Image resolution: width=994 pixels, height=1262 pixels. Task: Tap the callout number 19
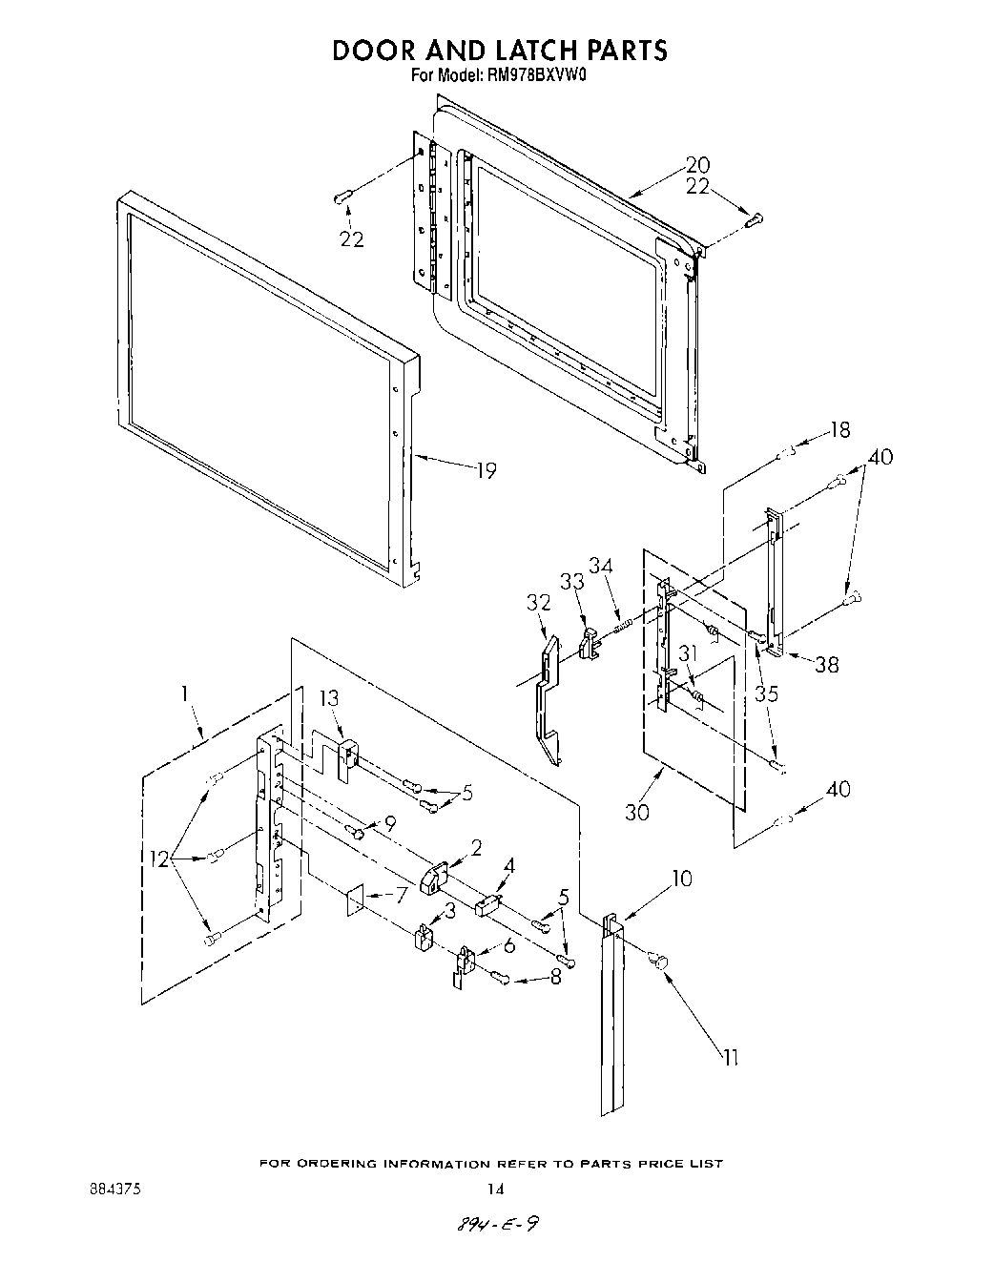coord(487,470)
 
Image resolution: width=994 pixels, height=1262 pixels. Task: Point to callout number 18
coord(839,430)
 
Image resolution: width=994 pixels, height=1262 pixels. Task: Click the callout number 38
coord(826,664)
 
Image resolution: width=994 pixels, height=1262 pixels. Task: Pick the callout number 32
coord(539,602)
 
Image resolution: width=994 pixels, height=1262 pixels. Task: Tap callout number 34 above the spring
coord(600,566)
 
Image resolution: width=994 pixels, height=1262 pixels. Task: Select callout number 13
coord(328,698)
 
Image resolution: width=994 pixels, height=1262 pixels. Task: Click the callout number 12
coord(158,859)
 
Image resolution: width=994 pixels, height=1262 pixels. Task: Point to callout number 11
coord(732,1057)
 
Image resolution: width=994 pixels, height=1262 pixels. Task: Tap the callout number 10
coord(681,878)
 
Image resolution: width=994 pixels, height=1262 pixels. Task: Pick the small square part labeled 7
coord(355,899)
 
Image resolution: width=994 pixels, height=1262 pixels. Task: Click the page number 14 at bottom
coord(495,1190)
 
